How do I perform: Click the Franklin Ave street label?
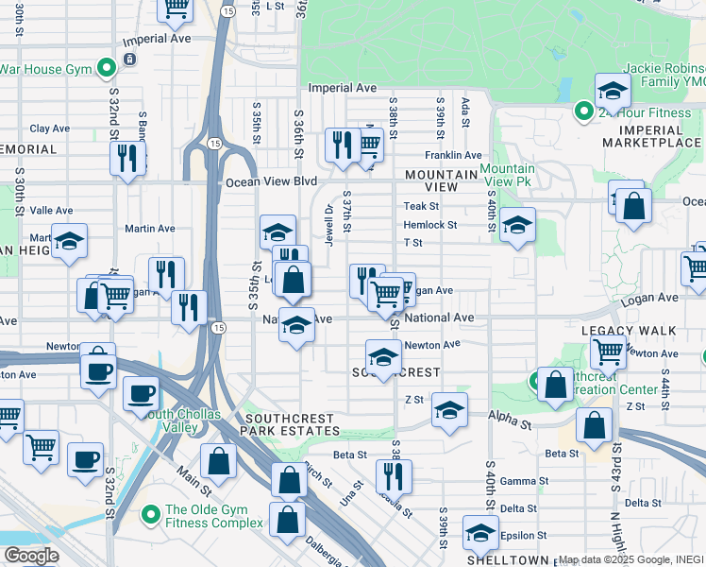click(x=452, y=155)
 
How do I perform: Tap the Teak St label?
click(x=421, y=206)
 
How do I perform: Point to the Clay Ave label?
click(x=50, y=129)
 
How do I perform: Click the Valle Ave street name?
click(x=52, y=211)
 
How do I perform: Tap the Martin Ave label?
click(x=150, y=229)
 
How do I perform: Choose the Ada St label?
click(x=465, y=103)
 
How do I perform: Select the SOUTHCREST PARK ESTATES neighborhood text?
click(x=293, y=424)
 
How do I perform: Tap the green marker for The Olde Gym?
click(x=150, y=515)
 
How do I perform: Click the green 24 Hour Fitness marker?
click(x=584, y=113)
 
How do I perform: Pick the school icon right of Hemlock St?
click(x=517, y=225)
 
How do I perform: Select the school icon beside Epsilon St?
click(x=480, y=534)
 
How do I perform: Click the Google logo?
click(x=31, y=556)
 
